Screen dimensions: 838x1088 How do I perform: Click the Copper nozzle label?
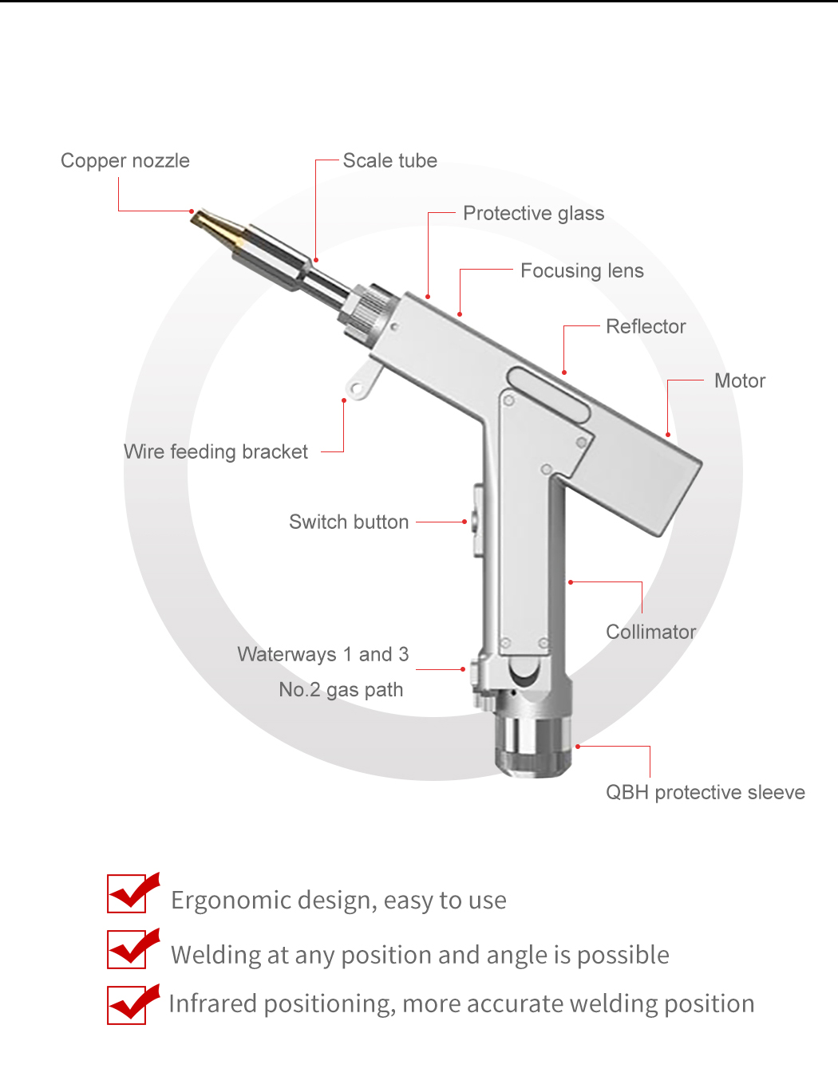pyautogui.click(x=125, y=160)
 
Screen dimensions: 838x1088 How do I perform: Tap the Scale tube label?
pyautogui.click(x=389, y=160)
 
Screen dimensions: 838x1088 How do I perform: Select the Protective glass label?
pyautogui.click(x=533, y=213)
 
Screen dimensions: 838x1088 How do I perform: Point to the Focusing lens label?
pyautogui.click(x=582, y=270)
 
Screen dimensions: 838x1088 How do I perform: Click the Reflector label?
pyautogui.click(x=646, y=326)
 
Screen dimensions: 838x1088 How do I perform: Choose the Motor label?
pyautogui.click(x=740, y=380)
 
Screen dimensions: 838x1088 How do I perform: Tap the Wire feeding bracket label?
pyautogui.click(x=216, y=451)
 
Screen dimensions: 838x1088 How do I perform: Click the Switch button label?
pyautogui.click(x=349, y=522)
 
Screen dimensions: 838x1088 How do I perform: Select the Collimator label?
pyautogui.click(x=650, y=632)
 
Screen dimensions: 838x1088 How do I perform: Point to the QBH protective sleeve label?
pyautogui.click(x=706, y=792)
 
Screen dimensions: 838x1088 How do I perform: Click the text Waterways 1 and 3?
pyautogui.click(x=323, y=654)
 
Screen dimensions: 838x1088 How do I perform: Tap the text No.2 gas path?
pyautogui.click(x=341, y=690)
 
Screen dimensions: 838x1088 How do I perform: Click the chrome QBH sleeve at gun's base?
pyautogui.click(x=533, y=747)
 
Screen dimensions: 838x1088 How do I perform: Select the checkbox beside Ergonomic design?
pyautogui.click(x=127, y=893)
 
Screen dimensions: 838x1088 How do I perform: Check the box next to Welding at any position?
pyautogui.click(x=127, y=949)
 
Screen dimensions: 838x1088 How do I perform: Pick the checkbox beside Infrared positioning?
pyautogui.click(x=127, y=1005)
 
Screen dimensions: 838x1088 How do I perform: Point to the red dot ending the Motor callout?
pyautogui.click(x=668, y=435)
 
